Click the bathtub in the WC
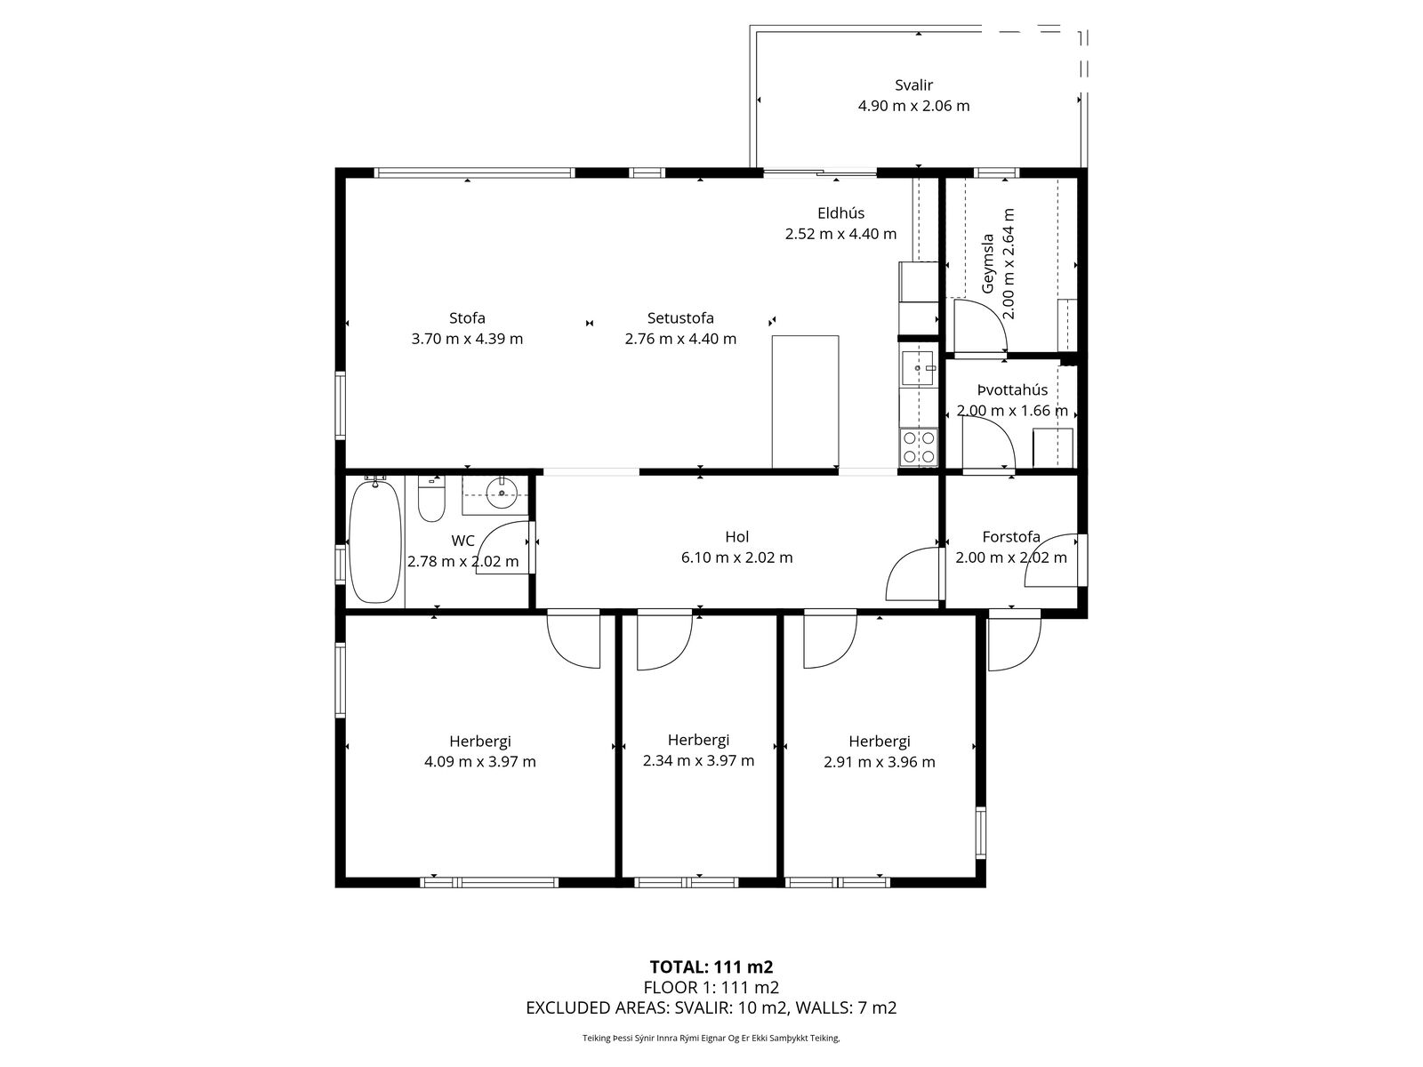click(374, 542)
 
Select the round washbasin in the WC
click(501, 493)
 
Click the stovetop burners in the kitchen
click(918, 446)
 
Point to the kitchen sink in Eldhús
click(917, 368)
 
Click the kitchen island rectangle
click(805, 402)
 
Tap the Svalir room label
click(913, 84)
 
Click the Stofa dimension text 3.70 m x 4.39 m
click(467, 339)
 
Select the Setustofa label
click(680, 318)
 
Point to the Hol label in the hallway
click(737, 536)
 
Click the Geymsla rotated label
click(987, 264)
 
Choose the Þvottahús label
click(1012, 390)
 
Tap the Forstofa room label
click(1011, 536)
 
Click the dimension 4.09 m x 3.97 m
click(479, 762)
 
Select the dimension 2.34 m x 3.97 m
click(698, 760)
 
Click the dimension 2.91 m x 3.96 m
click(879, 762)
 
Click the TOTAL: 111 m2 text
click(711, 967)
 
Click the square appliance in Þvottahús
click(1053, 447)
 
